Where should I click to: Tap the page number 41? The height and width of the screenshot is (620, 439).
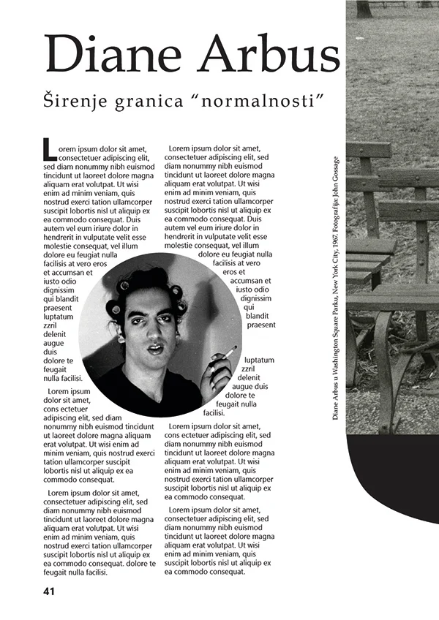[50, 590]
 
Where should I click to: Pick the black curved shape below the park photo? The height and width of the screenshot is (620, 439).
[395, 475]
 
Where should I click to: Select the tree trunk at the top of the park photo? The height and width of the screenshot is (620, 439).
[364, 9]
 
